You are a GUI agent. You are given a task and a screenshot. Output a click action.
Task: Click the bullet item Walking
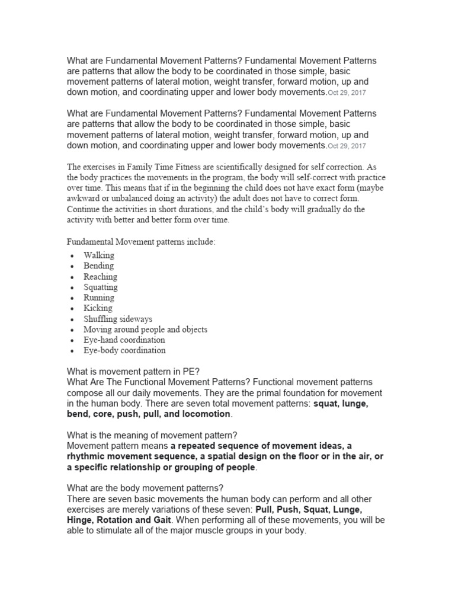click(x=98, y=255)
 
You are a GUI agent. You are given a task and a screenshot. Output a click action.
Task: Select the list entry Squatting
click(x=100, y=287)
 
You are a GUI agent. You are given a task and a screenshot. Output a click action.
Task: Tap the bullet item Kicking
click(x=98, y=308)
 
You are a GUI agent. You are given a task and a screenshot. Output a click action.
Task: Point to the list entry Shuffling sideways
click(x=117, y=319)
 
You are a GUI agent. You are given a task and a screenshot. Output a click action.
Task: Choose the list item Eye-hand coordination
click(x=124, y=340)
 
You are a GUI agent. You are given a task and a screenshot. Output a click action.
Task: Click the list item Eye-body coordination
click(x=124, y=350)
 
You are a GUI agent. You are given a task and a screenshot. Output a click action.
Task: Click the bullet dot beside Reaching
click(x=72, y=277)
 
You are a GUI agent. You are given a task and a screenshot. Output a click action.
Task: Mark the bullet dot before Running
click(x=72, y=298)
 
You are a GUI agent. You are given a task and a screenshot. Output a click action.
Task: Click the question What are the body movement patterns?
click(x=145, y=488)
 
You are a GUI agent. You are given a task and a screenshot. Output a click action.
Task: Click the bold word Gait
click(x=162, y=520)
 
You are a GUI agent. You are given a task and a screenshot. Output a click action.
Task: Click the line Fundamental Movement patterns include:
click(x=141, y=242)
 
